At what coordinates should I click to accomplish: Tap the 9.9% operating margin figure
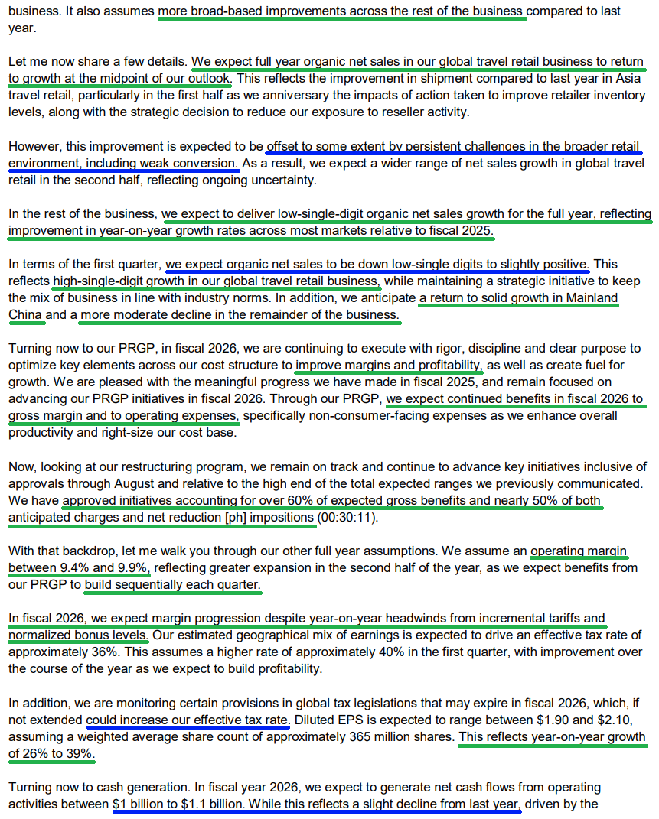coord(135,568)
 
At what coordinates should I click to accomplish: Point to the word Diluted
coord(317,720)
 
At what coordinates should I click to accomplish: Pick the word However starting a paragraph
coord(34,146)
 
